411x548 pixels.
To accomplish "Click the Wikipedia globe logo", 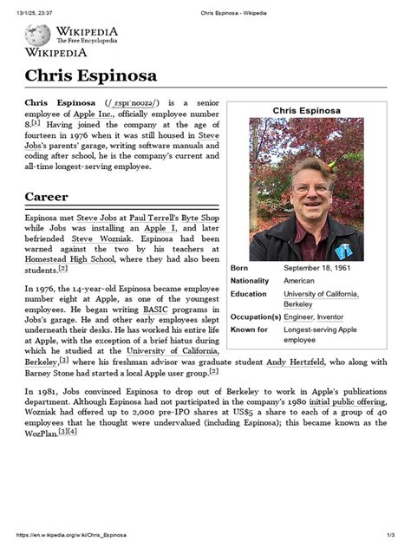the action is (37, 35).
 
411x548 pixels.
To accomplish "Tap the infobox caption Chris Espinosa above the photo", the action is (306, 110).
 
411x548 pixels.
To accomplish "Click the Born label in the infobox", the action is (239, 268).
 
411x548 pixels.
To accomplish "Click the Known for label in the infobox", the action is (251, 330).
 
